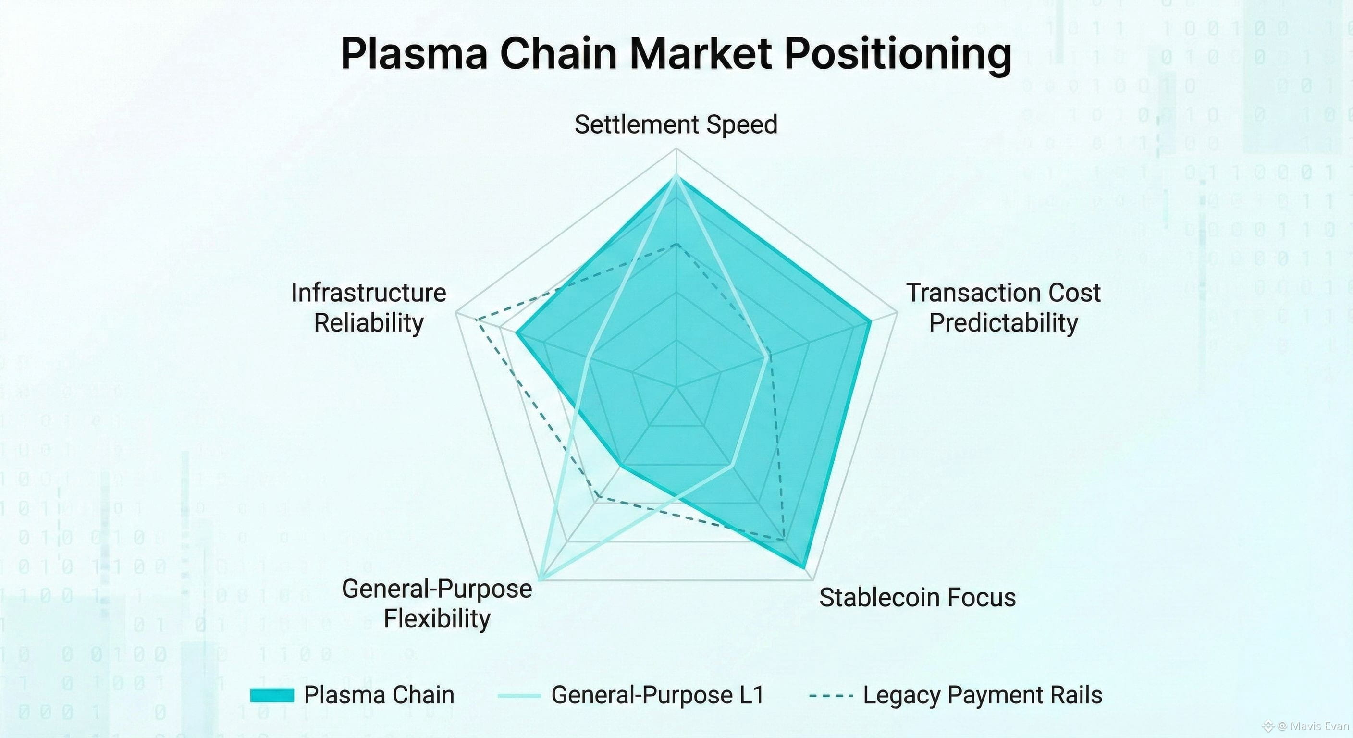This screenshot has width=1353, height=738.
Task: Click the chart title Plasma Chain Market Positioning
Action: [676, 54]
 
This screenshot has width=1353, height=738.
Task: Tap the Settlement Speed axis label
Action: [676, 124]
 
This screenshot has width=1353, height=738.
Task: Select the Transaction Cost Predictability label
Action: [1003, 307]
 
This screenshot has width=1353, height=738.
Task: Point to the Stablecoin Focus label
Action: [917, 597]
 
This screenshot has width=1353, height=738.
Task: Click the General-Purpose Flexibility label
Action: [437, 603]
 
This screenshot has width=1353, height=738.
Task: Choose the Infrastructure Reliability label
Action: [369, 307]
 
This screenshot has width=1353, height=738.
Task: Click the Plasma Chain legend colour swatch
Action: [271, 695]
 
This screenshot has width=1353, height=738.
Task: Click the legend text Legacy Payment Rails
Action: [982, 695]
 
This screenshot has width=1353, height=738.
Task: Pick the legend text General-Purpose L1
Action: [658, 695]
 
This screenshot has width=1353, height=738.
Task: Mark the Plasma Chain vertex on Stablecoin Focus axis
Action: [804, 567]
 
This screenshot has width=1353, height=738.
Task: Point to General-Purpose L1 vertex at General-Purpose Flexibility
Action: [541, 579]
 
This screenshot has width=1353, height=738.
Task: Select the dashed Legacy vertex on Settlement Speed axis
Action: [676, 244]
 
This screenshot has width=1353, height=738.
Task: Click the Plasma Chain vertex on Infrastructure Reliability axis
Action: [517, 332]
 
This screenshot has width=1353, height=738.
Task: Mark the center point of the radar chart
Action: [676, 388]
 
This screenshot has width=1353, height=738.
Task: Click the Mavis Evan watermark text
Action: [1313, 726]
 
